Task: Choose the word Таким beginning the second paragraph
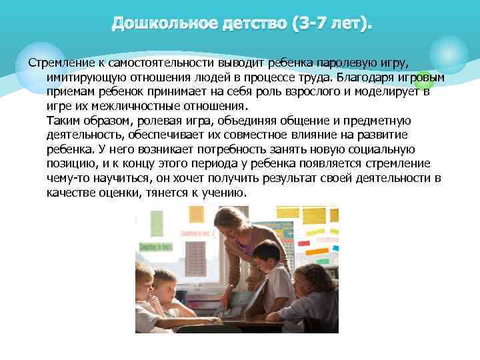pyautogui.click(x=63, y=120)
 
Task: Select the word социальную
pyautogui.click(x=382, y=149)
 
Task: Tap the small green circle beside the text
pyautogui.click(x=425, y=81)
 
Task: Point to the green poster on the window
pyautogui.click(x=157, y=223)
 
